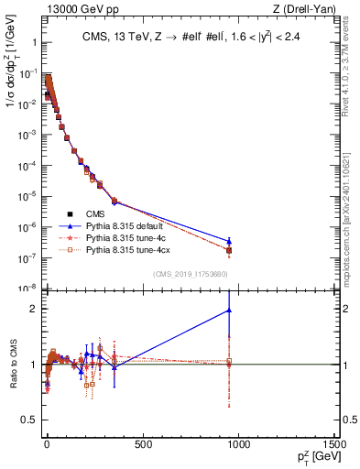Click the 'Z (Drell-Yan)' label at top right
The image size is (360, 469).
pyautogui.click(x=303, y=9)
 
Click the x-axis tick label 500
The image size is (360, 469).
pyautogui.click(x=142, y=445)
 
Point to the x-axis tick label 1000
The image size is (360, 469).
pyautogui.click(x=239, y=445)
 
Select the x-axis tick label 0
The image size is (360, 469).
pyautogui.click(x=46, y=445)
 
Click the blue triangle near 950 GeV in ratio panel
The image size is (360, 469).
pyautogui.click(x=229, y=311)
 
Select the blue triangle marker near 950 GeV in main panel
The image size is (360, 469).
pyautogui.click(x=229, y=241)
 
